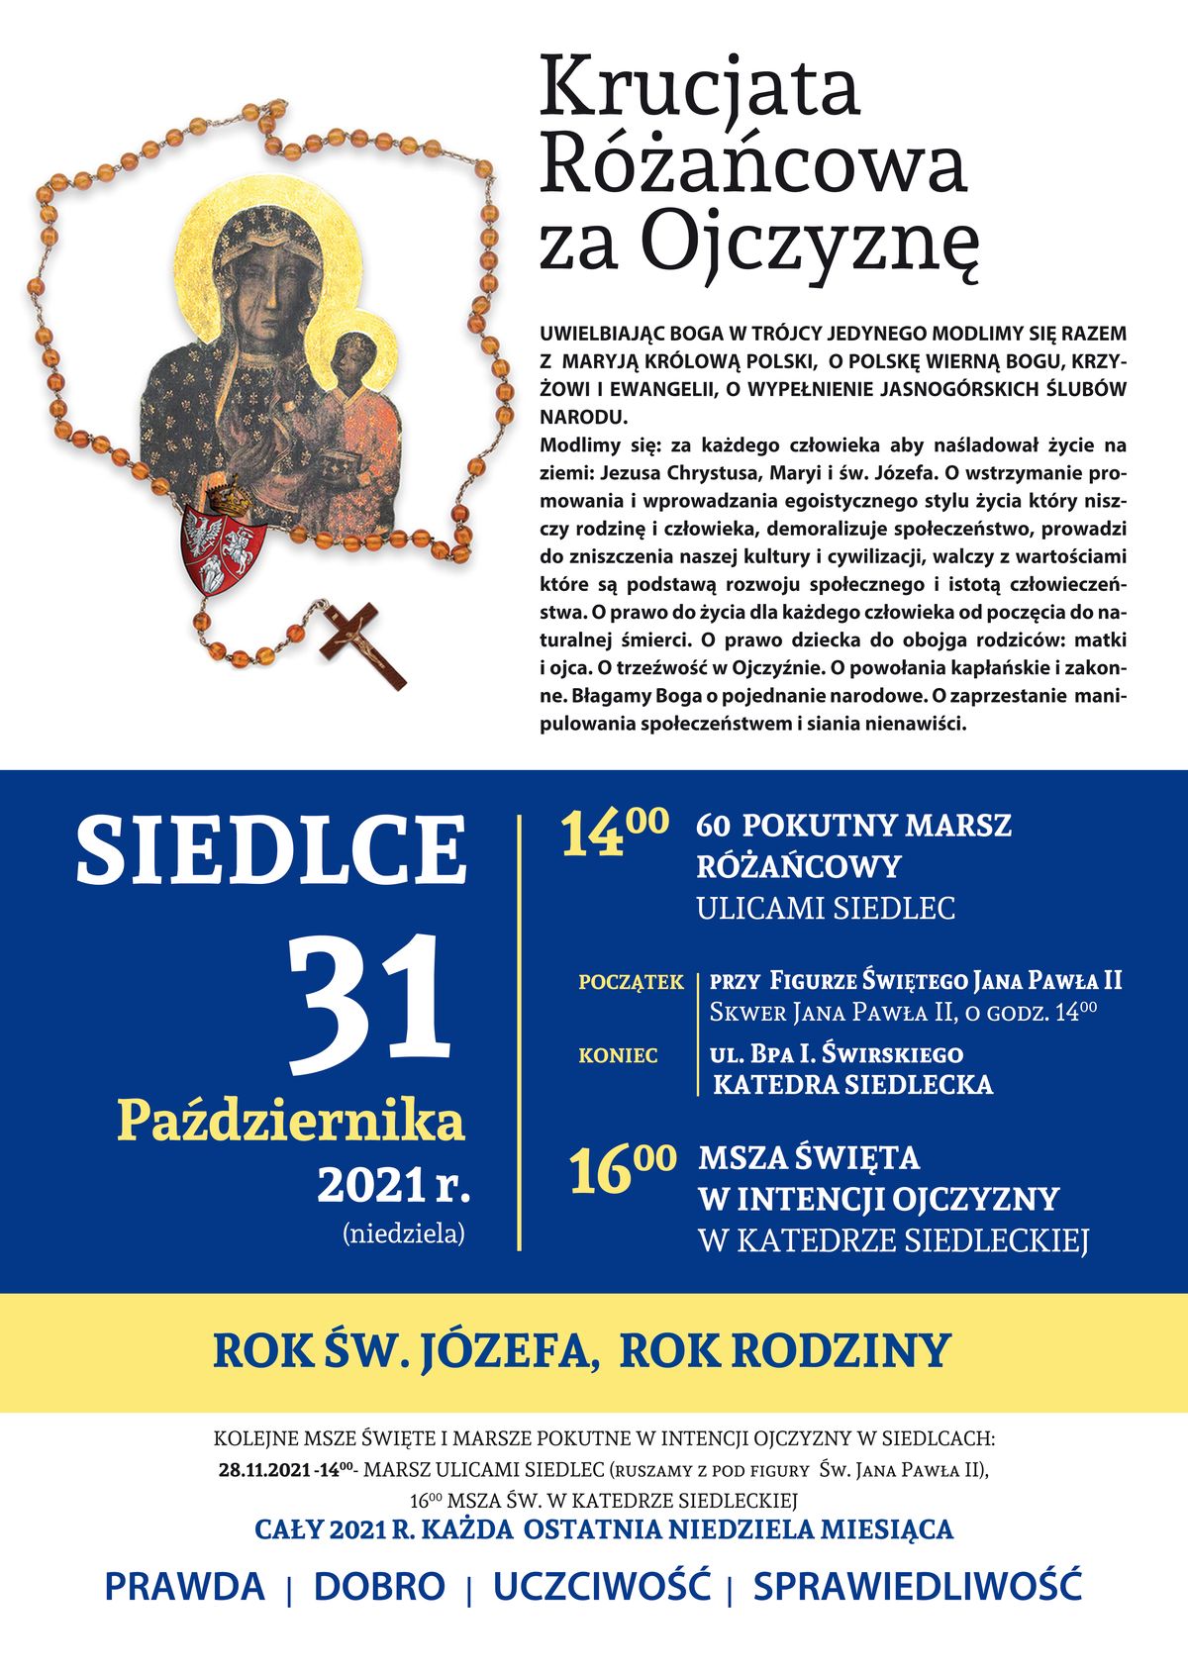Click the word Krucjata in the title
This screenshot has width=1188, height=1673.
700,89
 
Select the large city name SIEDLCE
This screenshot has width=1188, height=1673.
270,850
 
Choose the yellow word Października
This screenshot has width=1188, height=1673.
290,1122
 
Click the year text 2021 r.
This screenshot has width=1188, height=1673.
393,1184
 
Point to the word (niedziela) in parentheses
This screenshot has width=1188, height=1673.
403,1233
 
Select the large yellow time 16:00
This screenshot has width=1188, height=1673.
622,1168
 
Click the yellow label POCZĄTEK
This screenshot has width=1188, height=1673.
631,982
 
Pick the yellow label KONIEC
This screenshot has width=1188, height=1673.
618,1056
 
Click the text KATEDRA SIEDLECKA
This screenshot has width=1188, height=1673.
852,1084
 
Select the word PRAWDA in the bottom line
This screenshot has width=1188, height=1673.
185,1586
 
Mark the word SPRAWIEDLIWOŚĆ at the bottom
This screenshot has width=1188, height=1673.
917,1586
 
